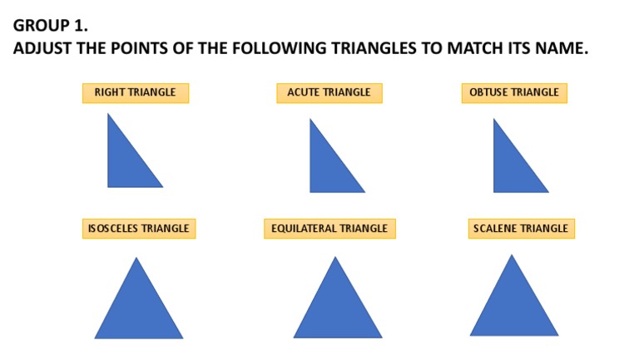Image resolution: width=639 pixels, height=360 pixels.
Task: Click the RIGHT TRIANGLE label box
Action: (x=135, y=92)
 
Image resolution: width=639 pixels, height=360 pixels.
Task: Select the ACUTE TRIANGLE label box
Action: (x=329, y=92)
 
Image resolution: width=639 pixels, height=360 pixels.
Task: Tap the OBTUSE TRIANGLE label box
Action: (x=513, y=92)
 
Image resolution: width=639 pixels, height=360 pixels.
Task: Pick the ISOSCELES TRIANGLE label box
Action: (x=138, y=228)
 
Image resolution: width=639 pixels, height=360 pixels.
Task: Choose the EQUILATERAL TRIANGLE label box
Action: (x=329, y=228)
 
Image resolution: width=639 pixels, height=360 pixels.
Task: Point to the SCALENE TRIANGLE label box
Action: (x=521, y=228)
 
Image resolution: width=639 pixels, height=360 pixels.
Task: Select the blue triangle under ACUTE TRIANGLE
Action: (x=328, y=167)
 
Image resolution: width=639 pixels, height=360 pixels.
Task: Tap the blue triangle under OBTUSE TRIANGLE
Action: (x=511, y=167)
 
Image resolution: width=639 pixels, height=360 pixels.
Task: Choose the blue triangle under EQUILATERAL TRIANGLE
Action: (x=337, y=308)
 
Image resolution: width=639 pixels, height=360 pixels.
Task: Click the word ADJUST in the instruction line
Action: (x=42, y=48)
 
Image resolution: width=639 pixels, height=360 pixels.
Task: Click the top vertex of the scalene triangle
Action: (x=511, y=255)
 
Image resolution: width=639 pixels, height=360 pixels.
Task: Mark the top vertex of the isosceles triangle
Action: (x=136, y=259)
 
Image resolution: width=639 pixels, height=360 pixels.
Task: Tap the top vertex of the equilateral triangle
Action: (x=335, y=258)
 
